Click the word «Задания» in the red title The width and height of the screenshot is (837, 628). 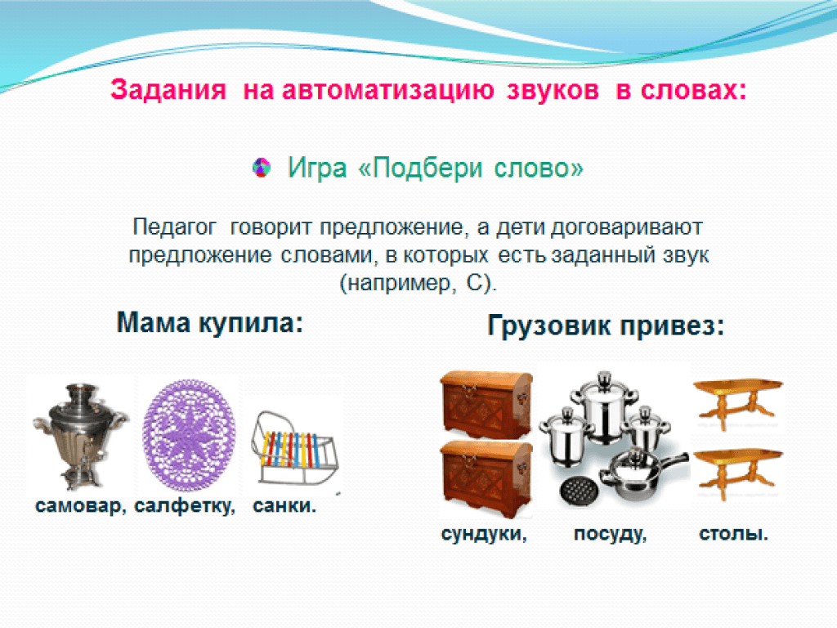tap(168, 90)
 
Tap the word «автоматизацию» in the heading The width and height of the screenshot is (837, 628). tap(388, 90)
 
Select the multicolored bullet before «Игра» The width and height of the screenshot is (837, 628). tap(262, 168)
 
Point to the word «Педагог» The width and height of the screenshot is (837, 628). tap(174, 227)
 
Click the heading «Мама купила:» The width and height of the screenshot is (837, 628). tap(210, 322)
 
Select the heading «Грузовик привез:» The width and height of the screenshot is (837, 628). tap(606, 325)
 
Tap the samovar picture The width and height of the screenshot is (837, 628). tap(80, 435)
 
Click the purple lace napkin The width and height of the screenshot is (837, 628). tap(189, 435)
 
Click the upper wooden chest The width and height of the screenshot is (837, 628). tap(486, 403)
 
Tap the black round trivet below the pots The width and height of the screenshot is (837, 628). tap(578, 490)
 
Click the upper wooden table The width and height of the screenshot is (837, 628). tap(738, 402)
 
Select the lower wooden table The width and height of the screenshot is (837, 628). tap(738, 473)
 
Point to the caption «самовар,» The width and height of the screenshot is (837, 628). tap(81, 505)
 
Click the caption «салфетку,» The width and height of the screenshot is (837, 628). tap(185, 505)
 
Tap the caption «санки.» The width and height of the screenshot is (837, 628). tap(284, 505)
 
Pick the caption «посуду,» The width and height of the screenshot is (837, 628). tap(610, 533)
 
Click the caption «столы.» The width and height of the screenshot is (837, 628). tap(733, 533)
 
